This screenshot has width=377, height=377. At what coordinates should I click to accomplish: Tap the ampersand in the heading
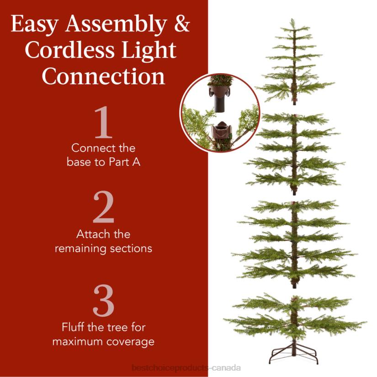pyautogui.click(x=181, y=24)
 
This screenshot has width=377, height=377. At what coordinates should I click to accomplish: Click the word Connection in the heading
pyautogui.click(x=103, y=76)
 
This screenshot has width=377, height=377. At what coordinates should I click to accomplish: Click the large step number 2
pyautogui.click(x=103, y=208)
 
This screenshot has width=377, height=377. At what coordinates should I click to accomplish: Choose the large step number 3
pyautogui.click(x=103, y=302)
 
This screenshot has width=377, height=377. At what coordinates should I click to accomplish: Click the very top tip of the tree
pyautogui.click(x=291, y=20)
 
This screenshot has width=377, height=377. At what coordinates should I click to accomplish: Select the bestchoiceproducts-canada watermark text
pyautogui.click(x=186, y=368)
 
